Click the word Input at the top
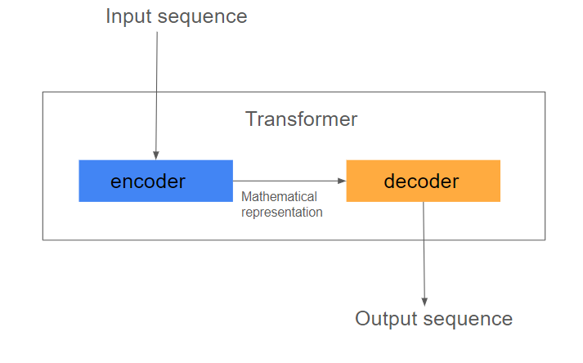tap(128, 17)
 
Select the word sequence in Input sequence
tap(203, 18)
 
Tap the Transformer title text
tap(301, 119)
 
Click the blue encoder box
tap(156, 181)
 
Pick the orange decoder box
tap(423, 181)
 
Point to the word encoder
tap(148, 181)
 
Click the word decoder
tap(421, 181)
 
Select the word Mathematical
tap(279, 196)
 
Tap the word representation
tap(282, 213)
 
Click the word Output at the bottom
tap(386, 319)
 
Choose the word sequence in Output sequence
tap(468, 320)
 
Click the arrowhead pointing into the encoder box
tap(156, 155)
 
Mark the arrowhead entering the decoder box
tap(342, 181)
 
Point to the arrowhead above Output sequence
tap(424, 302)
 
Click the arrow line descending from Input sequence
tap(156, 96)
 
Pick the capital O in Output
tap(363, 319)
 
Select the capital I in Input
tap(107, 16)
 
